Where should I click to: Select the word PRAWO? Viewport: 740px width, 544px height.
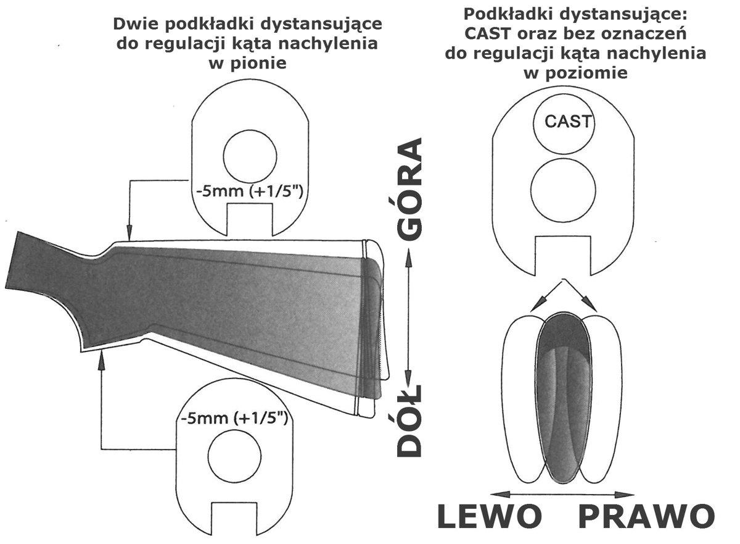646,517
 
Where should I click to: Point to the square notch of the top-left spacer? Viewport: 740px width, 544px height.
250,221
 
